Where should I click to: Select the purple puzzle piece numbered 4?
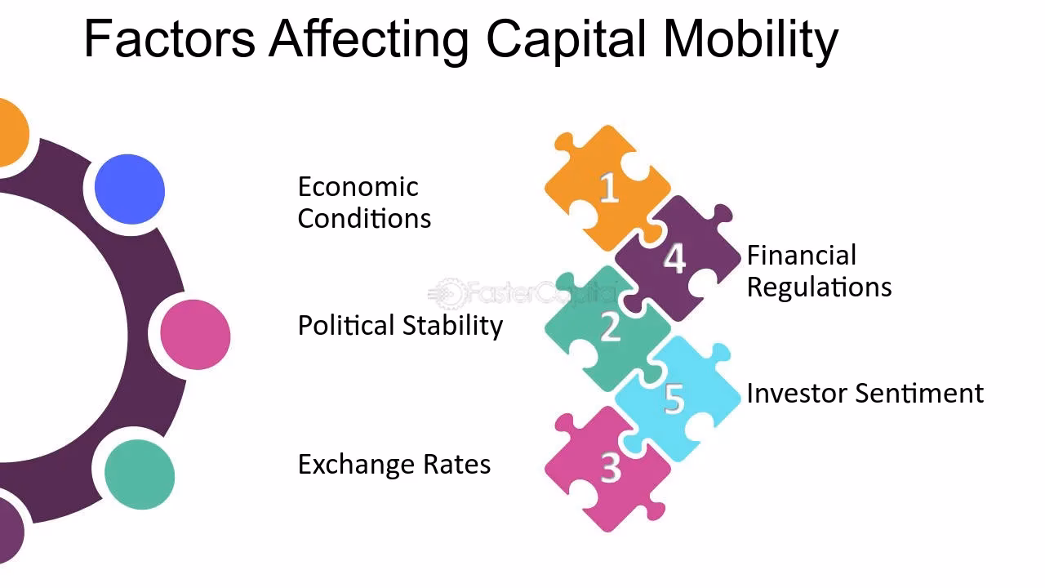pyautogui.click(x=674, y=258)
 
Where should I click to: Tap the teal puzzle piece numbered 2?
pyautogui.click(x=609, y=327)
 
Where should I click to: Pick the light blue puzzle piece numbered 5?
pyautogui.click(x=674, y=397)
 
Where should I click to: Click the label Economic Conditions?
pyautogui.click(x=363, y=203)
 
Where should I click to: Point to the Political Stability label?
pyautogui.click(x=400, y=326)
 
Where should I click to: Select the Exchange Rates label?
pyautogui.click(x=394, y=465)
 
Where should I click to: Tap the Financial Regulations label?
pyautogui.click(x=818, y=271)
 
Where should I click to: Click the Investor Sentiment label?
pyautogui.click(x=865, y=394)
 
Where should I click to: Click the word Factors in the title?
pyautogui.click(x=170, y=38)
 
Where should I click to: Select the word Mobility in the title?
pyautogui.click(x=750, y=39)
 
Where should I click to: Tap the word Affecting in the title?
pyautogui.click(x=369, y=39)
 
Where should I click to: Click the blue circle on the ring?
pyautogui.click(x=130, y=189)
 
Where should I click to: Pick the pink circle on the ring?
pyautogui.click(x=195, y=334)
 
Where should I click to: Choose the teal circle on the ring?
pyautogui.click(x=140, y=474)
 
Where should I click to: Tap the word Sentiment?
pyautogui.click(x=918, y=394)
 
